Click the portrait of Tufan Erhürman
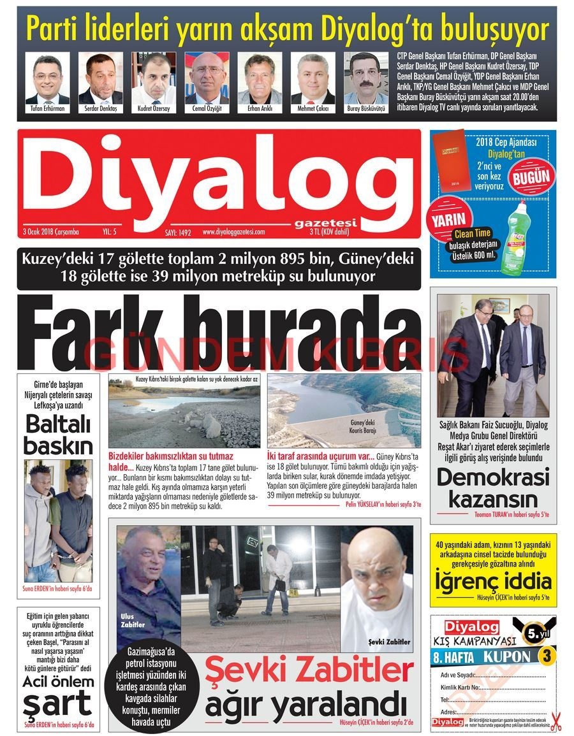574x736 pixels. point(47,78)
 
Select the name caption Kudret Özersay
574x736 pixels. point(154,109)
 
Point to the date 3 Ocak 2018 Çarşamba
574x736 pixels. point(50,232)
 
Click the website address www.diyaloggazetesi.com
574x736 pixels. point(233,232)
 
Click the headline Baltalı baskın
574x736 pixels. point(58,434)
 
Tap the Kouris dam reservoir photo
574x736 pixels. point(344,410)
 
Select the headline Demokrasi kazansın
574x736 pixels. point(493,487)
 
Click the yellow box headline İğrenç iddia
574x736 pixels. point(492,581)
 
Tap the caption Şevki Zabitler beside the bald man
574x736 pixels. point(388,642)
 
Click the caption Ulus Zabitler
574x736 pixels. point(133,620)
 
